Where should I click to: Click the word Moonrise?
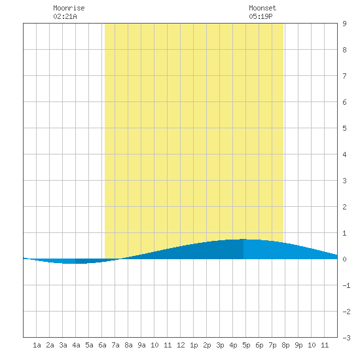69,8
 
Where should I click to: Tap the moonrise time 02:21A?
65,16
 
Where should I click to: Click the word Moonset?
262,8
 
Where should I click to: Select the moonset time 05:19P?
261,16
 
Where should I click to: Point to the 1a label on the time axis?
37,345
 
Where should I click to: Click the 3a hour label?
63,345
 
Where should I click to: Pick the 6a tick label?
102,345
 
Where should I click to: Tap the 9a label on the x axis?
141,345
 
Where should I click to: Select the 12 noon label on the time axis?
181,345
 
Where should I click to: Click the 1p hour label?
194,345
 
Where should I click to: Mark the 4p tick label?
233,345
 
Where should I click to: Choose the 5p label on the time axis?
246,345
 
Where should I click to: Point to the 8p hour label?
285,345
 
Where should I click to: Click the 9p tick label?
298,345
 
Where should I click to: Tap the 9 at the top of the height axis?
344,24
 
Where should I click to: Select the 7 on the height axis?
344,76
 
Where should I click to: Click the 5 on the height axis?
344,128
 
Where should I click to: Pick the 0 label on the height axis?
344,259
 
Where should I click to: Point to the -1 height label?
346,285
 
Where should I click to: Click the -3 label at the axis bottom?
346,338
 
